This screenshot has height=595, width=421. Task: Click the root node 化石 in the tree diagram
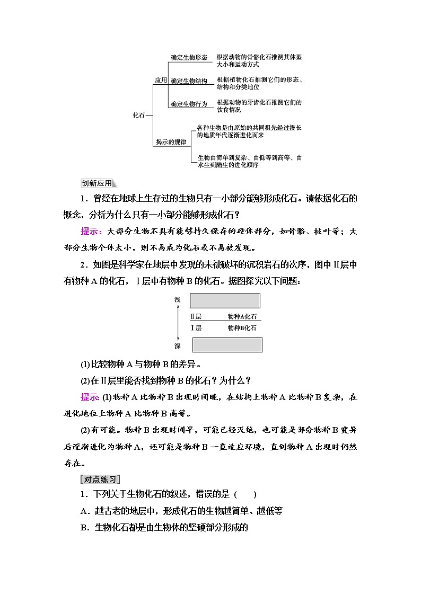click(x=138, y=114)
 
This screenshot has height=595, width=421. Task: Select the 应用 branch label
click(x=161, y=81)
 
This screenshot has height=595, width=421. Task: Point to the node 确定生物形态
click(x=189, y=57)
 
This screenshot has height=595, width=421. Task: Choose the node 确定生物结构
click(x=189, y=81)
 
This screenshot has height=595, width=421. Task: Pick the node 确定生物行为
click(x=189, y=104)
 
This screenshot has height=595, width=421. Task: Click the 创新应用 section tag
click(x=97, y=183)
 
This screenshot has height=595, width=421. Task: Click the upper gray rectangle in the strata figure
click(x=225, y=301)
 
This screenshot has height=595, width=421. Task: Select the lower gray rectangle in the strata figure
click(x=227, y=345)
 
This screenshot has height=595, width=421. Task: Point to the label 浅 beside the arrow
click(x=178, y=299)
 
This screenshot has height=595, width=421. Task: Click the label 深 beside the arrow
click(x=178, y=346)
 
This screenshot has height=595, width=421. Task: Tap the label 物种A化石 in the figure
click(x=242, y=316)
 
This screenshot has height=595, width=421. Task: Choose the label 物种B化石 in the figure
click(x=242, y=328)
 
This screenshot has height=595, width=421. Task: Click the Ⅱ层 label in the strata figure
click(x=196, y=316)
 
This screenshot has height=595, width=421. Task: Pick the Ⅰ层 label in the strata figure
click(x=196, y=328)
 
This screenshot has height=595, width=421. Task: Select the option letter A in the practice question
click(x=83, y=511)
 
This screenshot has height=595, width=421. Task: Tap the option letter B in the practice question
click(x=83, y=527)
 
